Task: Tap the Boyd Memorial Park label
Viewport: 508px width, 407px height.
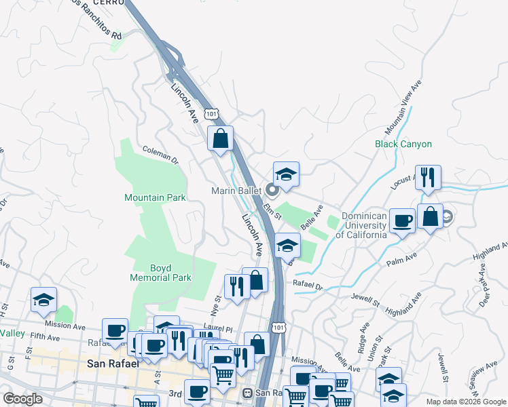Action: tap(161, 272)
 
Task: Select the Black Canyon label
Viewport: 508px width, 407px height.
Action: tap(403, 144)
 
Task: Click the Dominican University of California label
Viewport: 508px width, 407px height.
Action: tap(364, 225)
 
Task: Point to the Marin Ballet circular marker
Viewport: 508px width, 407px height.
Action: tap(272, 191)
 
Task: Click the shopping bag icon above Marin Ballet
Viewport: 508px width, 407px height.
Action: tap(220, 139)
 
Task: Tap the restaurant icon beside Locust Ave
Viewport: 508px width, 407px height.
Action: tap(428, 178)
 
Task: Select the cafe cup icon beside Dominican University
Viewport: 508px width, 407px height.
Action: tap(402, 221)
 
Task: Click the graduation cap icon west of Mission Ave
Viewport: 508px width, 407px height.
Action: tap(44, 300)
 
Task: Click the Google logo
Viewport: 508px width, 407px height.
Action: tap(23, 399)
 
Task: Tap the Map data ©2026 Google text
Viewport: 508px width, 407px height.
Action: tap(465, 402)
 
